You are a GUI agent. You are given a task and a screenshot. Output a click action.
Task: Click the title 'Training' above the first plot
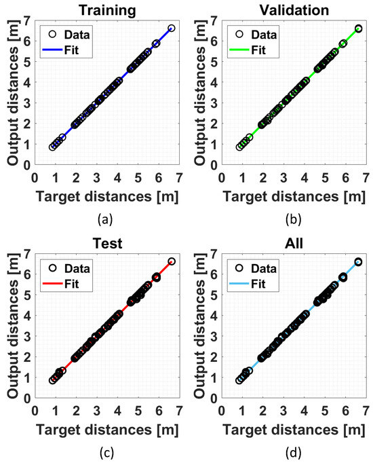pyautogui.click(x=106, y=10)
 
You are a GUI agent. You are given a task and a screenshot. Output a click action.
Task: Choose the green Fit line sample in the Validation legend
pyautogui.click(x=246, y=49)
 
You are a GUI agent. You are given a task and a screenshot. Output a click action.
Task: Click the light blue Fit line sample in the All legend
pyautogui.click(x=246, y=282)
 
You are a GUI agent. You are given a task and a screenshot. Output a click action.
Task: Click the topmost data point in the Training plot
pyautogui.click(x=171, y=29)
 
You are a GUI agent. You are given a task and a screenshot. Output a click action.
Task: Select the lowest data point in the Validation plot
pyautogui.click(x=239, y=147)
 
